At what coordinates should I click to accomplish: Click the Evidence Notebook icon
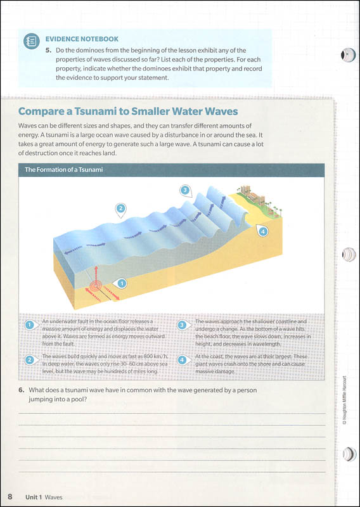30,42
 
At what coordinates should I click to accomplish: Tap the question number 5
48,50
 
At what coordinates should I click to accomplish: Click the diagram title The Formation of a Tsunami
63,170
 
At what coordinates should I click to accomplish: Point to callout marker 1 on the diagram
119,283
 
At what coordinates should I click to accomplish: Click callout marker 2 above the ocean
120,208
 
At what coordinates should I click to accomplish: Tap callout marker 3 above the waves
184,189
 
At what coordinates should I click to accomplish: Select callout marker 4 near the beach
263,231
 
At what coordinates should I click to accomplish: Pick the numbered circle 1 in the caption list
29,325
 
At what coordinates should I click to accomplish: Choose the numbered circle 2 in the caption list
29,360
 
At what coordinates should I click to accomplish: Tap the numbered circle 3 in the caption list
183,325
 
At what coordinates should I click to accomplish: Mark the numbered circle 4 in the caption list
183,360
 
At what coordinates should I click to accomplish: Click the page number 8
10,496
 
